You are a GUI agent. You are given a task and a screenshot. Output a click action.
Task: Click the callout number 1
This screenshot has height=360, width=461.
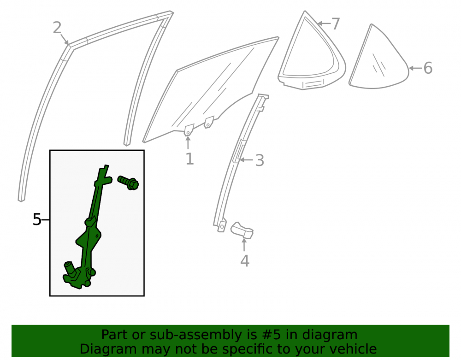pyautogui.click(x=189, y=159)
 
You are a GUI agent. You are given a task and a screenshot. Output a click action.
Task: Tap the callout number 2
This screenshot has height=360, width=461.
pyautogui.click(x=57, y=28)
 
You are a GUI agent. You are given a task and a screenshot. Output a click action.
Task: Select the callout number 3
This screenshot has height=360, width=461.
pyautogui.click(x=260, y=160)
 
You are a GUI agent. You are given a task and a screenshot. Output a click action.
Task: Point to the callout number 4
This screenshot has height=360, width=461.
pyautogui.click(x=245, y=261)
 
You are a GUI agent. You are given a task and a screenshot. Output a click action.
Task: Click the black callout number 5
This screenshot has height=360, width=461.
pyautogui.click(x=37, y=219)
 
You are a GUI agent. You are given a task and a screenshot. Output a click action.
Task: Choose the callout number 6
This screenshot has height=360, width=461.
pyautogui.click(x=428, y=68)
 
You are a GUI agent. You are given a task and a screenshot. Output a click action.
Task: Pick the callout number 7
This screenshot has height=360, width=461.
pyautogui.click(x=336, y=24)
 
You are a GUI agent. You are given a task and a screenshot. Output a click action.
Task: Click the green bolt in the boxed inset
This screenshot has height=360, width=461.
pyautogui.click(x=128, y=183)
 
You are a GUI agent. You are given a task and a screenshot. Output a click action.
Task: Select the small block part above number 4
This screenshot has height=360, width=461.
pyautogui.click(x=242, y=230)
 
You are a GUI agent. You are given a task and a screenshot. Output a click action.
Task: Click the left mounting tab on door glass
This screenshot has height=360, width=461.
pyautogui.click(x=189, y=130)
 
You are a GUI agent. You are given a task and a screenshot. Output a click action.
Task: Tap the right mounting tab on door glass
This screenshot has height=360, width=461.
pyautogui.click(x=208, y=122)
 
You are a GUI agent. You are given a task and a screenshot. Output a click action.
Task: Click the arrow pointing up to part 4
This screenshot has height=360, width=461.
pyautogui.click(x=244, y=244)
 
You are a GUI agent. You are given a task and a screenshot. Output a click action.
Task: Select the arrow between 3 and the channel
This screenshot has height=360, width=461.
pyautogui.click(x=246, y=160)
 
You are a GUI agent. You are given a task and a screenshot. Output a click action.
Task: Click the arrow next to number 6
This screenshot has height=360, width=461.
pyautogui.click(x=415, y=68)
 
